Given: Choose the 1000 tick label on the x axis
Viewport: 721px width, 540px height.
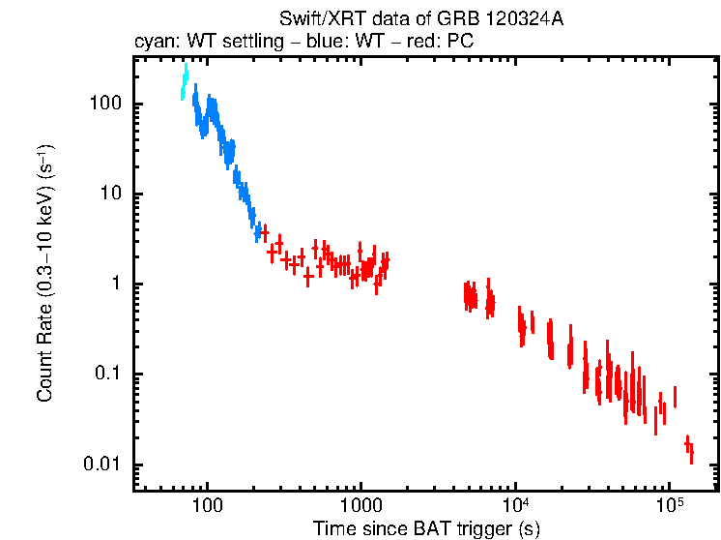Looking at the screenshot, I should pyautogui.click(x=360, y=506).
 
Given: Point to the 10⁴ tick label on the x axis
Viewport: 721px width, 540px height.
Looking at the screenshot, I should pyautogui.click(x=516, y=505).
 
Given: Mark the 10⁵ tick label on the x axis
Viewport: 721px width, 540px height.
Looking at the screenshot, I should pyautogui.click(x=670, y=505).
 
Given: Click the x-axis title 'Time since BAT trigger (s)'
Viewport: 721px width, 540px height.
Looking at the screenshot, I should pyautogui.click(x=425, y=528).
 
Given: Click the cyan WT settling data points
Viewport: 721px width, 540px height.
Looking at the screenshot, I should pyautogui.click(x=184, y=82).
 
